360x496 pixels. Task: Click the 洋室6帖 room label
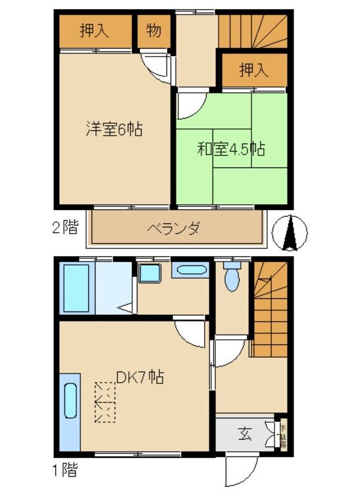pyautogui.click(x=114, y=128)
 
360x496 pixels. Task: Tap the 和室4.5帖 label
pyautogui.click(x=231, y=149)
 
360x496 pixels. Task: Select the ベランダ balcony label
pyautogui.click(x=173, y=229)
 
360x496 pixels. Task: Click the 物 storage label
pyautogui.click(x=153, y=30)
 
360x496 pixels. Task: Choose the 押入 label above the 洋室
pyautogui.click(x=95, y=30)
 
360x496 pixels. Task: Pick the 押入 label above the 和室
pyautogui.click(x=254, y=70)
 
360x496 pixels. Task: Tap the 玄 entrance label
pyautogui.click(x=245, y=434)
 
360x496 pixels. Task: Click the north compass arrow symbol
pyautogui.click(x=290, y=234)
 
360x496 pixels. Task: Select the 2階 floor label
pyautogui.click(x=65, y=229)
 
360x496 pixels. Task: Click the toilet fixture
pyautogui.click(x=231, y=277)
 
